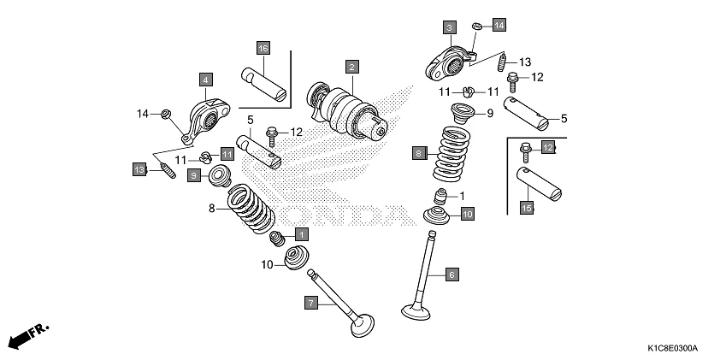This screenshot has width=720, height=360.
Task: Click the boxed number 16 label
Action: tap(263, 47)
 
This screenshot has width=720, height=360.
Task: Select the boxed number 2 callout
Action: tap(351, 66)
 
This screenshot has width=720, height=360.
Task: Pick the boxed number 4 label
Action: tap(205, 80)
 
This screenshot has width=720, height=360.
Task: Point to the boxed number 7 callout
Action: tap(311, 302)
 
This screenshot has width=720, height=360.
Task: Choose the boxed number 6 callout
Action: tap(452, 274)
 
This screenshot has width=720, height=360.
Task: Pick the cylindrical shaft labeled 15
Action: tap(540, 183)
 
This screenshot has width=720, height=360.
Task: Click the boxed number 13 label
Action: tap(139, 169)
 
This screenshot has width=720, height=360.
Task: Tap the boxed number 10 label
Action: tap(467, 215)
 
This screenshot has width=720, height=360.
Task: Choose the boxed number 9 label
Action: tap(194, 175)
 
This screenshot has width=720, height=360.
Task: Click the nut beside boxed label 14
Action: tap(478, 25)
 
